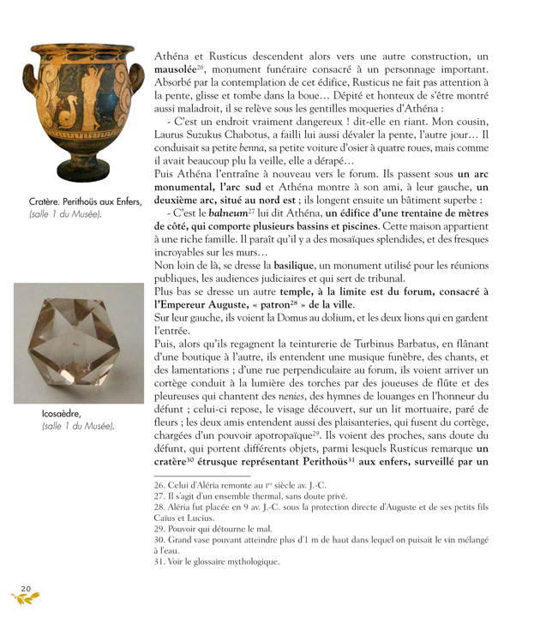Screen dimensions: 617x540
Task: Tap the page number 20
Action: (26, 587)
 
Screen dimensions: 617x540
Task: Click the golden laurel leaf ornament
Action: (26, 600)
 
